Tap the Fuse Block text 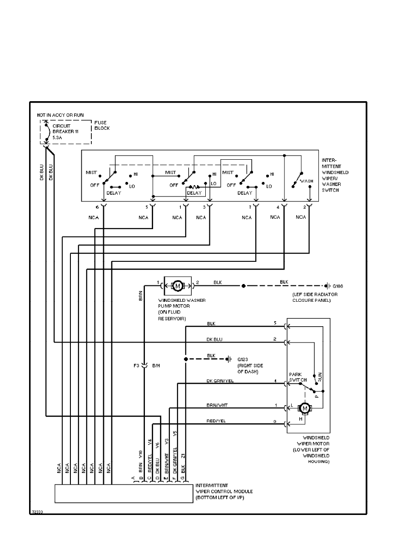[x=102, y=125]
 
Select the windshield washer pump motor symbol [x=178, y=286]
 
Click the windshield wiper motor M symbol [x=305, y=409]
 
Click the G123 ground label [x=244, y=359]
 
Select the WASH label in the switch [x=307, y=181]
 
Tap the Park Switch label [x=298, y=377]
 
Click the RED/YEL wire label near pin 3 [x=216, y=421]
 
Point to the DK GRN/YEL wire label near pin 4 [x=220, y=381]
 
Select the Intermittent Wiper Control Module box [x=124, y=494]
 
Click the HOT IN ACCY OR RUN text [x=60, y=115]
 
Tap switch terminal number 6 [x=97, y=207]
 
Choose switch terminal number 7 [x=249, y=207]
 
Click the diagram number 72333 [x=37, y=511]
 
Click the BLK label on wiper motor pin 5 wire [x=211, y=323]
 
